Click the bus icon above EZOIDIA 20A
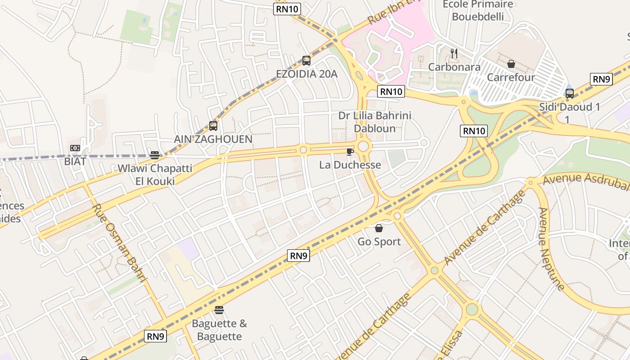(306, 60)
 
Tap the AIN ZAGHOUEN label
(213, 139)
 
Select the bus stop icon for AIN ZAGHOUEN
(213, 126)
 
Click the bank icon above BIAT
(75, 148)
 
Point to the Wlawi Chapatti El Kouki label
(155, 175)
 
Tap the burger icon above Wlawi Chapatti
(155, 155)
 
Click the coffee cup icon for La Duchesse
(350, 152)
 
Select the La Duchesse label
(350, 165)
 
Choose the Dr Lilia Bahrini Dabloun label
(375, 122)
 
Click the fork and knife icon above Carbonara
(454, 54)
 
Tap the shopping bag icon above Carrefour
(511, 64)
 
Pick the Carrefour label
(511, 77)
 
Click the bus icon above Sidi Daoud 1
(570, 94)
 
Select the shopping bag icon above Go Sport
(379, 229)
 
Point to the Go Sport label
(379, 242)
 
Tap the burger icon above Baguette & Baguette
(219, 310)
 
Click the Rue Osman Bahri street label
(120, 243)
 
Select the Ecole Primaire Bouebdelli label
(478, 10)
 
